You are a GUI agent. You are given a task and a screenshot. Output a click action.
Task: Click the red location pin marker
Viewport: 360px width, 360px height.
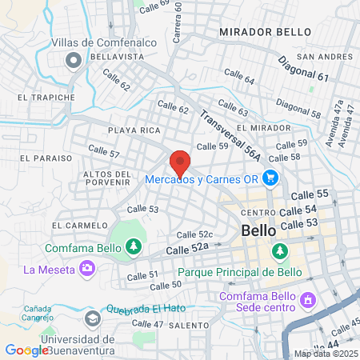(x=180, y=162)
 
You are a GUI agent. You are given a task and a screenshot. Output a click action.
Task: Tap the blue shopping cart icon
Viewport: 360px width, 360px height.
(x=270, y=178)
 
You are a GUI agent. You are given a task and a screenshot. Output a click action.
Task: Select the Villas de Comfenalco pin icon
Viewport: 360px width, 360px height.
(x=74, y=59)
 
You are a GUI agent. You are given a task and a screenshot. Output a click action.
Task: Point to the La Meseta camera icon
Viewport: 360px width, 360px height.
(x=86, y=269)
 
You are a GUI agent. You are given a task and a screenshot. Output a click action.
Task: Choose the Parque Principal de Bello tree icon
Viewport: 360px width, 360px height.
(x=280, y=253)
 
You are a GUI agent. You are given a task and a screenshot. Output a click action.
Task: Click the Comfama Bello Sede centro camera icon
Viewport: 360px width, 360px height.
(x=309, y=300)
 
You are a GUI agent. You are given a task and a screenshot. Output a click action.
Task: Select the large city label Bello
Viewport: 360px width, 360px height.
(x=258, y=230)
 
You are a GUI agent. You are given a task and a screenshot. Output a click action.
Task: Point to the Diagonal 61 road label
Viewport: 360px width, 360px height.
(x=304, y=70)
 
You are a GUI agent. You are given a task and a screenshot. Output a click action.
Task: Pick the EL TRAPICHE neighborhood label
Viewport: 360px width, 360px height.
(x=46, y=97)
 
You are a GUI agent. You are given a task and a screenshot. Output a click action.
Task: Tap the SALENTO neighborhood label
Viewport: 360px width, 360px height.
(x=190, y=326)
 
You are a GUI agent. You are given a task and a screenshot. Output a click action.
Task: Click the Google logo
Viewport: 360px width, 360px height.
(x=26, y=350)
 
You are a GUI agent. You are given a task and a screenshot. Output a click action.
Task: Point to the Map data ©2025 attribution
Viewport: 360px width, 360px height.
(x=323, y=354)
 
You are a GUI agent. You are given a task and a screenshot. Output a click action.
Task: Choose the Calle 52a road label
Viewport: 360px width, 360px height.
(x=187, y=250)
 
